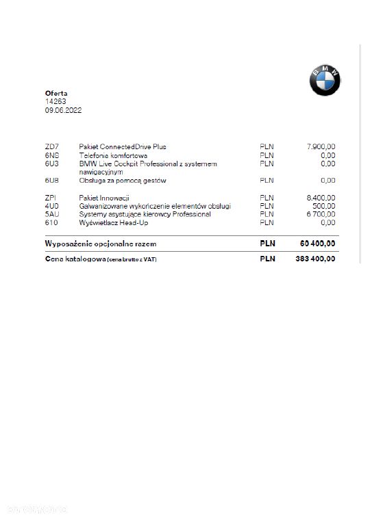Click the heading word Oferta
pos(56,93)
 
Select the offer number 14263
pos(55,101)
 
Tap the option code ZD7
pos(51,146)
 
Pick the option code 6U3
pos(51,164)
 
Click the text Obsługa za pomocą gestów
pos(123,181)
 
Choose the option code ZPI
pos(51,197)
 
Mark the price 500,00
pos(325,206)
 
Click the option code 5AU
pos(51,214)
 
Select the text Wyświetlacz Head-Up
pos(114,222)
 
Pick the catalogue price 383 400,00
pos(316,259)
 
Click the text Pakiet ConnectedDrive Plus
pos(123,146)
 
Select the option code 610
pos(51,222)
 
